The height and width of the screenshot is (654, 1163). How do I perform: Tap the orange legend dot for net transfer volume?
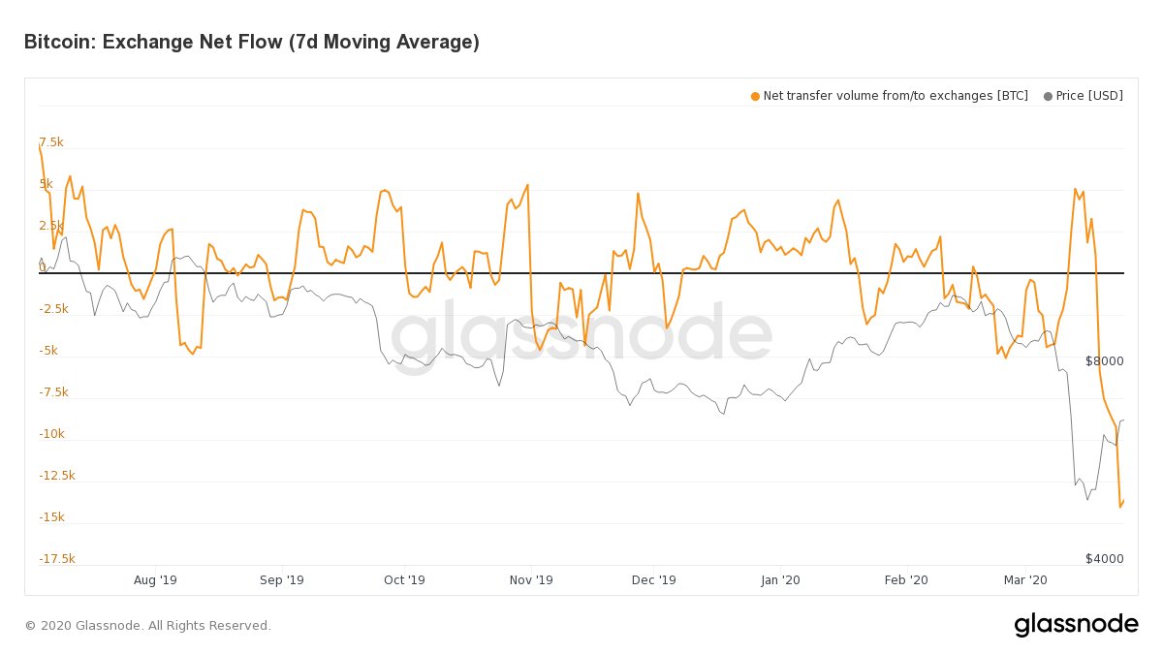(755, 96)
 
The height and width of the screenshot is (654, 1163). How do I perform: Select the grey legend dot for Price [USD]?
(1048, 96)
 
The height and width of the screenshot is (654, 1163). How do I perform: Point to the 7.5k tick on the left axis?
(51, 142)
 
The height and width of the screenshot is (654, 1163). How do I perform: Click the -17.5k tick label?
(57, 559)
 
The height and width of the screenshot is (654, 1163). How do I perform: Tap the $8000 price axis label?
(1104, 361)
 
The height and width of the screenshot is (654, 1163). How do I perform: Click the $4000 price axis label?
(1104, 559)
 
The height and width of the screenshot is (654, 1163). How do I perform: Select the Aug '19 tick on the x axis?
(155, 580)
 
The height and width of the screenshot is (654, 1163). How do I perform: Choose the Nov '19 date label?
(531, 580)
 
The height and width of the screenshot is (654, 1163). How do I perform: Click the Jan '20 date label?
(780, 580)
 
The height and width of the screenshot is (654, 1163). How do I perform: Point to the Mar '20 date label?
(1025, 580)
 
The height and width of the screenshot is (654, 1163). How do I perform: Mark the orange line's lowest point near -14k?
(1120, 506)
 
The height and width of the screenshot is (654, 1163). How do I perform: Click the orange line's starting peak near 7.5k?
(40, 145)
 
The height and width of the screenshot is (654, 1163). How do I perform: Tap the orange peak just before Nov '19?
(527, 185)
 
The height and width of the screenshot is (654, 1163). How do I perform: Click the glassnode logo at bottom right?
(1076, 625)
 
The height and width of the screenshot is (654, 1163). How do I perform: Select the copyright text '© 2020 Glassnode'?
(147, 626)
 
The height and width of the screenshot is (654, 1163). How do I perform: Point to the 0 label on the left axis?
(43, 266)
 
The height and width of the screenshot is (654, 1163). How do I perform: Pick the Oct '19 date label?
(404, 580)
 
